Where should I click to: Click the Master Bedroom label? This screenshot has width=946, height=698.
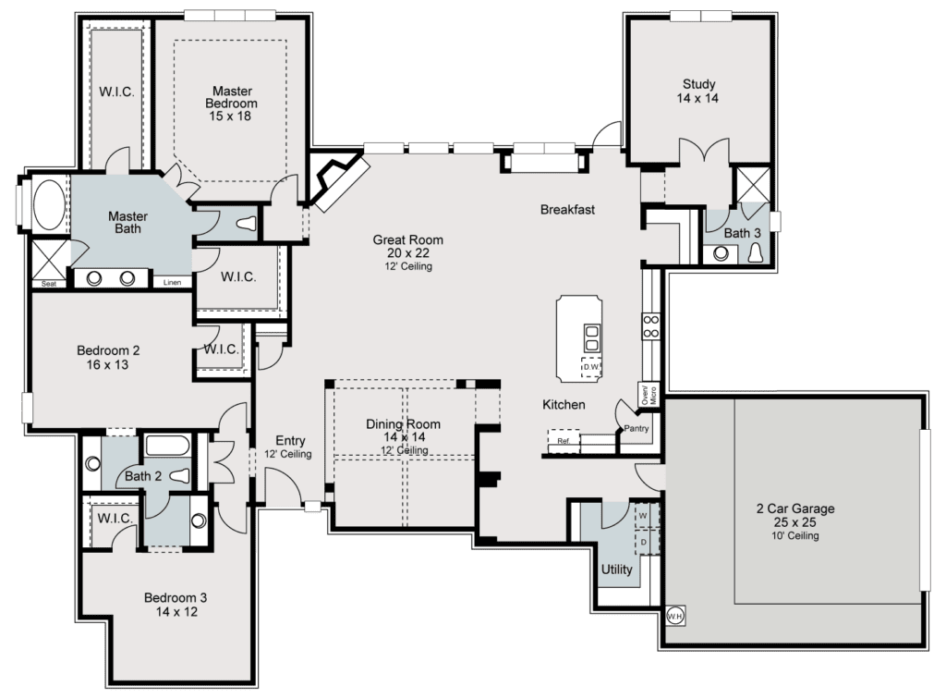232,104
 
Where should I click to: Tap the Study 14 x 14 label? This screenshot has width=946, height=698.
700,91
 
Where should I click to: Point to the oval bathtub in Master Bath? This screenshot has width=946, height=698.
49,204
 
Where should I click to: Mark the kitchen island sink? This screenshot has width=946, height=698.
591,337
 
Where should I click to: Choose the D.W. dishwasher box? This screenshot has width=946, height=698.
591,366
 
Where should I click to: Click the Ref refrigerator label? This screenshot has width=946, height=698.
563,442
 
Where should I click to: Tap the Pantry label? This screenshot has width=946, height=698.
637,428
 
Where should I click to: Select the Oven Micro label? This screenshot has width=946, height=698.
649,396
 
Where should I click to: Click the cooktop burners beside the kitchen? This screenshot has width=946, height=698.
650,325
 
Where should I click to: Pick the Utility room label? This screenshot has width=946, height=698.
616,569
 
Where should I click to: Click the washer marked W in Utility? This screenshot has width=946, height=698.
643,515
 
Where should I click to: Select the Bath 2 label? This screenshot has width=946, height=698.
143,476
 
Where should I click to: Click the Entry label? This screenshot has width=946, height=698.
290,447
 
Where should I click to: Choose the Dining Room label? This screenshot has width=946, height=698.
403,431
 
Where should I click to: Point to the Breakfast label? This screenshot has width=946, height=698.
567,210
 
